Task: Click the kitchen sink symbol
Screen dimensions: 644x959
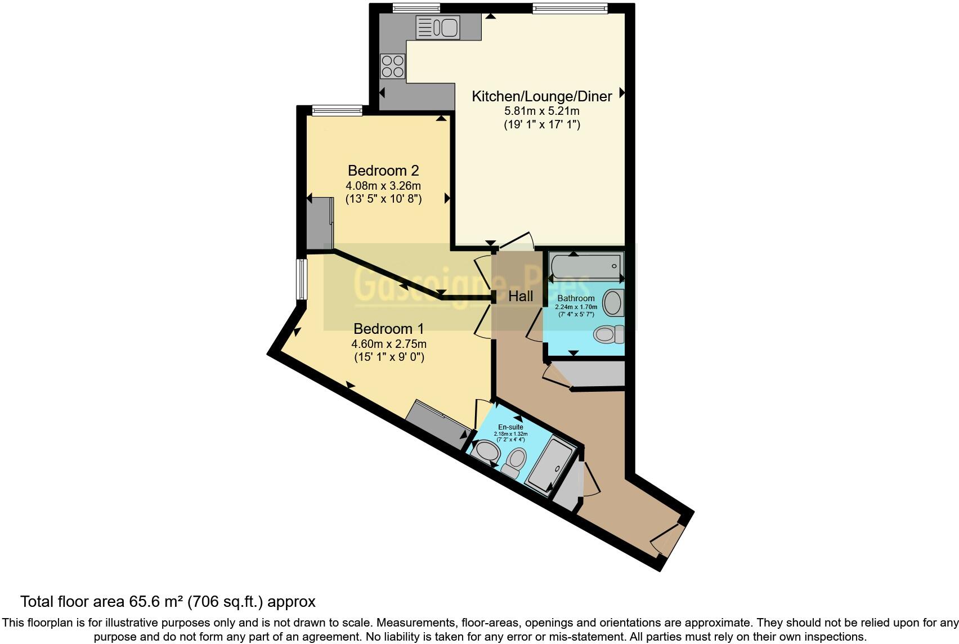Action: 438,28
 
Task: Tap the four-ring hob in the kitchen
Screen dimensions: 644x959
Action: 392,66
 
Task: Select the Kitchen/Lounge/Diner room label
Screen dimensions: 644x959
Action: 541,96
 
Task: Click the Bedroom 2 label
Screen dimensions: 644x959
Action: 383,171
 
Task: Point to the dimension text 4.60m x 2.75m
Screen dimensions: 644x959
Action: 388,344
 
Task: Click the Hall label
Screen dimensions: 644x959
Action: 521,296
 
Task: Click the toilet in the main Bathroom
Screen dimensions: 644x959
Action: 609,334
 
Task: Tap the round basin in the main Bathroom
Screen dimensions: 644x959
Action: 613,303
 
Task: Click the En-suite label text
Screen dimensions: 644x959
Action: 510,427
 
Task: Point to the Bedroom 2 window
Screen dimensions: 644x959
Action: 337,110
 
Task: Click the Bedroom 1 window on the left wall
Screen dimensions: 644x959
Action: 302,279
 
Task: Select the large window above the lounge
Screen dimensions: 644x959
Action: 570,8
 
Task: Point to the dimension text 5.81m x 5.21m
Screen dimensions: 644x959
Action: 541,111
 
